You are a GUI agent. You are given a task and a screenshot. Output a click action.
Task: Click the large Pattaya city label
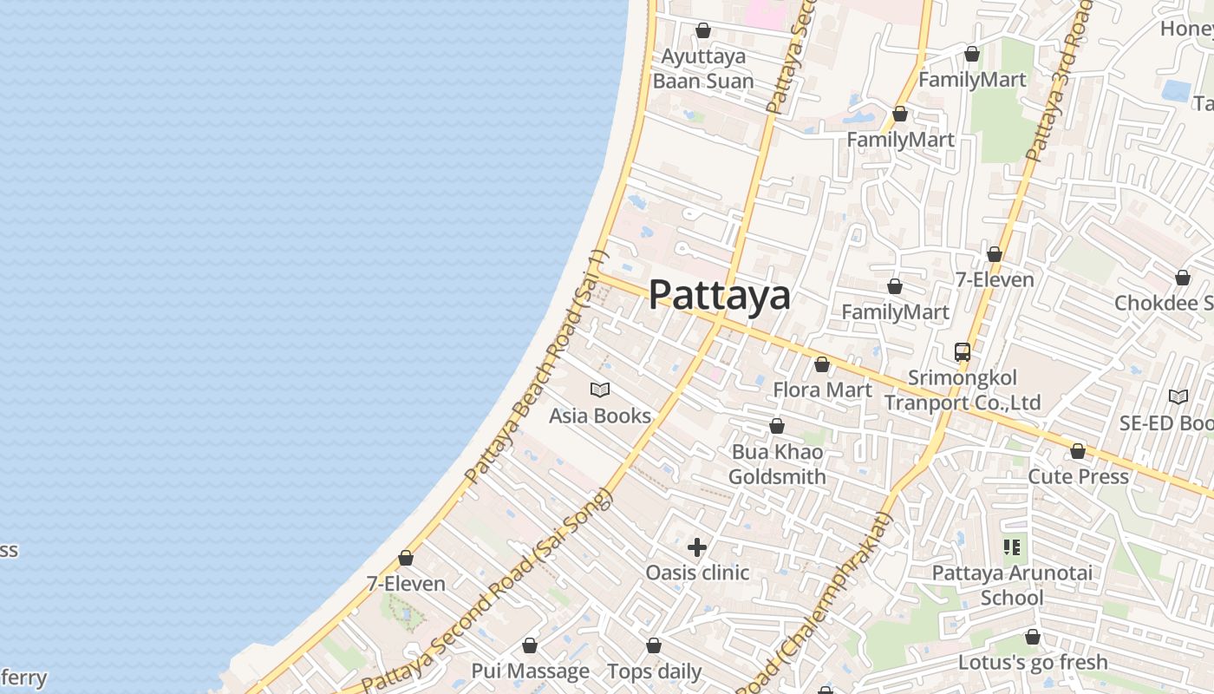coord(720,295)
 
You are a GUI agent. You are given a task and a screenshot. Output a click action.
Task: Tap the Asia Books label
coord(600,416)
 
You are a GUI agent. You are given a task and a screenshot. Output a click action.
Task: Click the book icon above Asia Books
coord(600,390)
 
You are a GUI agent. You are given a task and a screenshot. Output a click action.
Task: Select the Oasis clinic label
coord(697,573)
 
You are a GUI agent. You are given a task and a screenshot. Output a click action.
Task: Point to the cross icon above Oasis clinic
coord(697,547)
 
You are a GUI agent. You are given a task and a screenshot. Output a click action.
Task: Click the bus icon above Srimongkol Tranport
coord(963,352)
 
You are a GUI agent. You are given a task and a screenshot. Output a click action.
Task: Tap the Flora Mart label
coord(822,390)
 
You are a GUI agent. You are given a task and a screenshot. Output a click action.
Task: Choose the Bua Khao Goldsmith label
coord(777,464)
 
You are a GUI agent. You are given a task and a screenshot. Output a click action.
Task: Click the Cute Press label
coord(1078,476)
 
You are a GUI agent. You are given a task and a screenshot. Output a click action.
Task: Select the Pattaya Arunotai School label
coord(1012,585)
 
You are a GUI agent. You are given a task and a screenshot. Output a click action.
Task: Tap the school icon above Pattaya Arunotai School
coord(1012,547)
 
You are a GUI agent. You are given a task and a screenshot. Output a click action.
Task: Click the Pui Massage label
coord(530,671)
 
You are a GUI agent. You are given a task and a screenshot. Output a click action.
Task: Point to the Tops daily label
coord(654,671)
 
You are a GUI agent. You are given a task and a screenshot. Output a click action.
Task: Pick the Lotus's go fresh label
coord(1033,662)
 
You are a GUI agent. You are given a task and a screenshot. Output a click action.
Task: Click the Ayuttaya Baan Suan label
coord(703,69)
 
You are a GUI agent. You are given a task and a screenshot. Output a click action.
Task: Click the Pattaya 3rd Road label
coord(1058,82)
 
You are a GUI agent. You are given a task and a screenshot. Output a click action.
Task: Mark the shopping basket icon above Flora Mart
coord(822,364)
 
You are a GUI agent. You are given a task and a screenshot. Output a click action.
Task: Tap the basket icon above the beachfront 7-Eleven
coord(406,558)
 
